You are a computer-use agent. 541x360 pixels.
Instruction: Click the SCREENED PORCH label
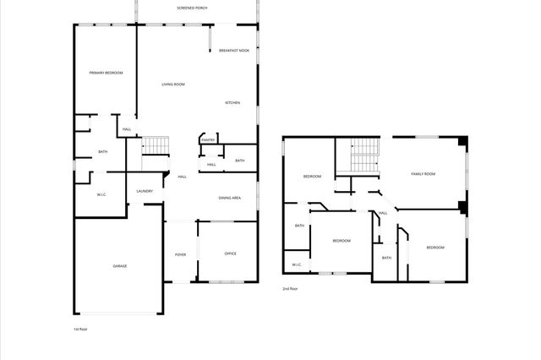coord(192,8)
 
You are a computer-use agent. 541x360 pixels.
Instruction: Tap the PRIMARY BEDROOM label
coord(107,74)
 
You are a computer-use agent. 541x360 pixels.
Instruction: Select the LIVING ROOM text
coord(173,85)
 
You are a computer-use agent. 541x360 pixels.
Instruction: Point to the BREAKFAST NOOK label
coord(234,51)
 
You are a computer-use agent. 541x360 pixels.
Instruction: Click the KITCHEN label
coord(232,103)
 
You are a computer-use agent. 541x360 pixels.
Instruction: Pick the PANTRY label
coord(207,140)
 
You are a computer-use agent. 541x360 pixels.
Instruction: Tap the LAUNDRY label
coord(145,191)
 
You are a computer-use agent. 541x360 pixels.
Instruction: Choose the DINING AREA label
coord(230,198)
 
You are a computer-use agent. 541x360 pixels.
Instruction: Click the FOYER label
coord(180,254)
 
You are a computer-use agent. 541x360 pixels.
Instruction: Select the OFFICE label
coord(230,254)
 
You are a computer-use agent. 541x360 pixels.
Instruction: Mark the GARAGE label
coord(120,266)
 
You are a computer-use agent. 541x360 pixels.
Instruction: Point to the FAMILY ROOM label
coord(423,174)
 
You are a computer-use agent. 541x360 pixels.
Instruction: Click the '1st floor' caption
coord(81,329)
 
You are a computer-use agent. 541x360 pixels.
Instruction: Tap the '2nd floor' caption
coord(290,289)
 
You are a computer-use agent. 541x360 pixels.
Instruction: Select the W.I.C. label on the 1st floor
coord(101,195)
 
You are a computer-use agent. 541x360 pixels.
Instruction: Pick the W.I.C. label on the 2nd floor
coord(297,265)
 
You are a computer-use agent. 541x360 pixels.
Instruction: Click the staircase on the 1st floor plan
coord(156,145)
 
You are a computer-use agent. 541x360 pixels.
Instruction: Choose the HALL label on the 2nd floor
coord(383,213)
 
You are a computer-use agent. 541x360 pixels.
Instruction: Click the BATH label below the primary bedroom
coord(103,152)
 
